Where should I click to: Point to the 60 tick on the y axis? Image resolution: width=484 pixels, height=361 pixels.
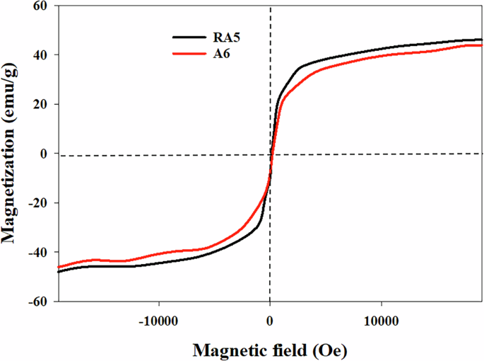39,6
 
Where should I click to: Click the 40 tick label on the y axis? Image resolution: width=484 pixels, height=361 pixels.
39,55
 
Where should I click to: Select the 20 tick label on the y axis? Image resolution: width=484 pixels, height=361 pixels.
39,105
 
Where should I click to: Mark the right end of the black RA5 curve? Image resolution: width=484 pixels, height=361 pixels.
481,40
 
